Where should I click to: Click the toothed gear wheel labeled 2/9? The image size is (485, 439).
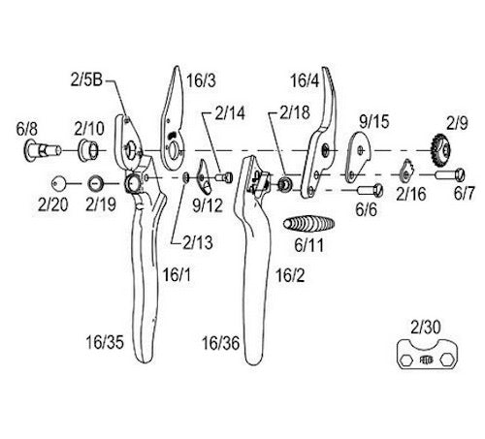click(440, 149)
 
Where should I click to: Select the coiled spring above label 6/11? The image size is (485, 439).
click(308, 224)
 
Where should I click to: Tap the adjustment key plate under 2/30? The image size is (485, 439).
click(428, 355)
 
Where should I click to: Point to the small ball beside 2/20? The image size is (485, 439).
click(58, 183)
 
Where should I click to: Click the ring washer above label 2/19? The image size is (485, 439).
click(96, 183)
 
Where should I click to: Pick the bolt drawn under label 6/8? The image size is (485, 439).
click(42, 150)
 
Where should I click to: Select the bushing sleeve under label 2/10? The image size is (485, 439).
click(88, 150)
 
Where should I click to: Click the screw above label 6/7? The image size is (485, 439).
click(450, 175)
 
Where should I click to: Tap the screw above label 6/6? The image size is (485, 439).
click(370, 190)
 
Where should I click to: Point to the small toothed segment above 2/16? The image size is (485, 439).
click(406, 172)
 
